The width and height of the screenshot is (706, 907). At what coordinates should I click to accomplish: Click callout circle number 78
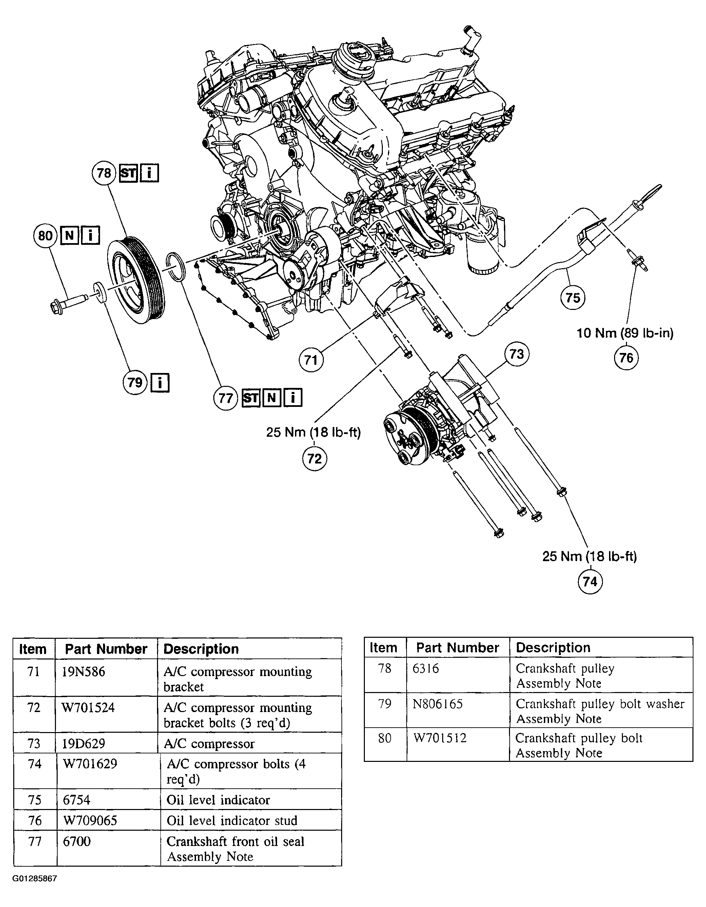pyautogui.click(x=104, y=173)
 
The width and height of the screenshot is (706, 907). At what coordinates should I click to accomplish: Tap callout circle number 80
pyautogui.click(x=45, y=236)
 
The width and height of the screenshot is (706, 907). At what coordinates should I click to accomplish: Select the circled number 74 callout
pyautogui.click(x=590, y=581)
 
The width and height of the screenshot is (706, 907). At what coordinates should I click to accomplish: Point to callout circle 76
pyautogui.click(x=626, y=358)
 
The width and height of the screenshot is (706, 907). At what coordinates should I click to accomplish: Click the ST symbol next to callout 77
pyautogui.click(x=251, y=398)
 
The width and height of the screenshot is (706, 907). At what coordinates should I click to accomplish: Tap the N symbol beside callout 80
pyautogui.click(x=70, y=236)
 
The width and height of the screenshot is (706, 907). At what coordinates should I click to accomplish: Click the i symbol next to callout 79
pyautogui.click(x=160, y=382)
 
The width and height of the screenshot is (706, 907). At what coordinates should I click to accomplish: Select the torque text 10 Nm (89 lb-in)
pyautogui.click(x=625, y=333)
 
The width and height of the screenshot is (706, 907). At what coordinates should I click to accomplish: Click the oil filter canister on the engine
pyautogui.click(x=484, y=253)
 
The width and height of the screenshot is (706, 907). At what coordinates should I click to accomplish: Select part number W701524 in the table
pyautogui.click(x=88, y=708)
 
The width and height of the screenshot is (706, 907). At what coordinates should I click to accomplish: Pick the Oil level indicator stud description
pyautogui.click(x=232, y=820)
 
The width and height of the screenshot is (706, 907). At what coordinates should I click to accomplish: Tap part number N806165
pyautogui.click(x=437, y=704)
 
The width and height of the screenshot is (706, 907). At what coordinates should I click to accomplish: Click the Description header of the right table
pyautogui.click(x=553, y=647)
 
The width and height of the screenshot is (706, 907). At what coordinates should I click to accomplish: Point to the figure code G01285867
pyautogui.click(x=35, y=878)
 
